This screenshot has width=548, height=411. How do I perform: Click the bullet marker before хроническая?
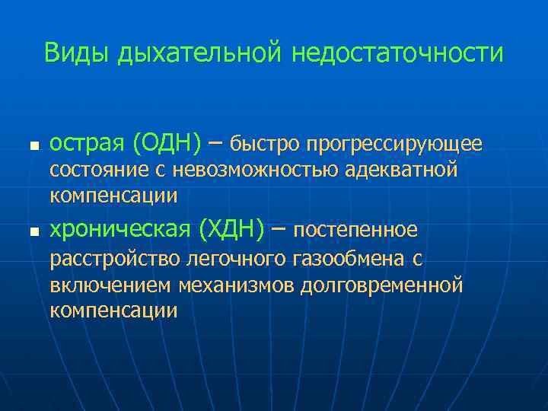(x=31, y=231)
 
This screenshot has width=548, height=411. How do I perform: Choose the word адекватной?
(x=401, y=170)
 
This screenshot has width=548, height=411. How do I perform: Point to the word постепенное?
(x=355, y=229)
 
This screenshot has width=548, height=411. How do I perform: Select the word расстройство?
(x=114, y=260)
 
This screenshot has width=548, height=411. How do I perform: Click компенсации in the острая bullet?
(x=113, y=196)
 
